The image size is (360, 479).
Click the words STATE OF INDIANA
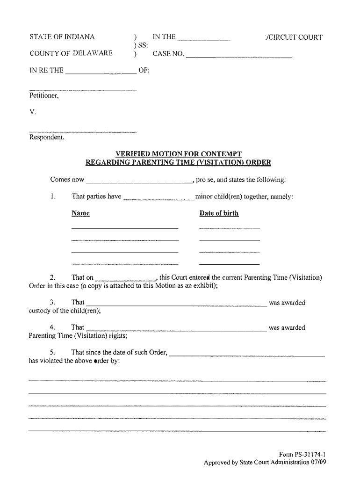click(x=62, y=37)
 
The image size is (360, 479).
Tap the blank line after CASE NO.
click(x=238, y=57)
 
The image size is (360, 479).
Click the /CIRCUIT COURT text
click(x=293, y=37)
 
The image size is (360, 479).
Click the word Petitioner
click(x=43, y=96)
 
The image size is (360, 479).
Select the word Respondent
click(x=46, y=138)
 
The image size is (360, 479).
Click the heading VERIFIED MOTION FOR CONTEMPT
click(x=179, y=154)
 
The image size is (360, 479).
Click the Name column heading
click(x=80, y=213)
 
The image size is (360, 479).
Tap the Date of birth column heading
click(x=219, y=213)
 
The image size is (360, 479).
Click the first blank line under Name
click(x=124, y=228)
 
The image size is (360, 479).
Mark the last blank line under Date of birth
click(x=229, y=264)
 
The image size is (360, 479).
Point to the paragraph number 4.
click(x=53, y=327)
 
